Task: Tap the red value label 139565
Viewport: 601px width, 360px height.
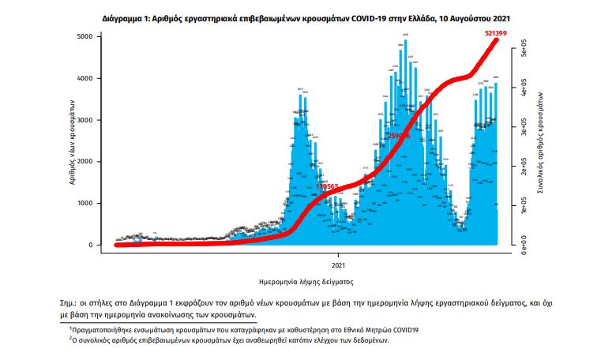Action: (325, 186)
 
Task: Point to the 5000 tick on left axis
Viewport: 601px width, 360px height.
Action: (92, 37)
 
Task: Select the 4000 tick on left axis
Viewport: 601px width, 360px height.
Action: (92, 79)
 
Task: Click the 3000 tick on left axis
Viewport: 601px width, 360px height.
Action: (92, 120)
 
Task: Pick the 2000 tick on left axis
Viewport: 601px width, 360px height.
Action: (92, 162)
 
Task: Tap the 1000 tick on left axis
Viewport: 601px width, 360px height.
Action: (92, 203)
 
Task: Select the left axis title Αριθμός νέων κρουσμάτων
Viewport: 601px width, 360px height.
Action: (72, 141)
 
